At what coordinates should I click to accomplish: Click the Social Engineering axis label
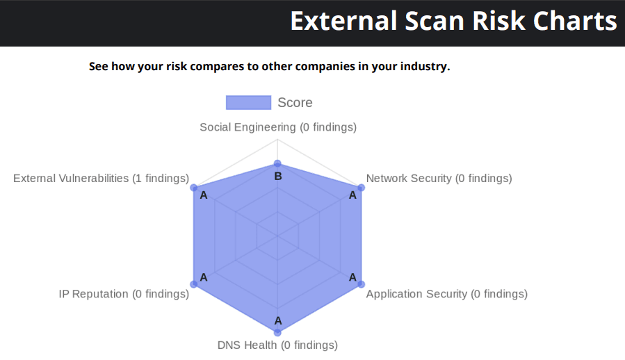click(x=278, y=127)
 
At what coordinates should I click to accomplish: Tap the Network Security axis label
click(x=439, y=178)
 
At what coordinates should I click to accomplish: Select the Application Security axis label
click(x=447, y=294)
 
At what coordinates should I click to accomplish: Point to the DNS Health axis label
click(x=277, y=345)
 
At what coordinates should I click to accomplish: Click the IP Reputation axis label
click(x=124, y=294)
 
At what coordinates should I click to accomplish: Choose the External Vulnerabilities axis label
click(x=102, y=178)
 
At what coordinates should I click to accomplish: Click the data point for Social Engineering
click(x=277, y=164)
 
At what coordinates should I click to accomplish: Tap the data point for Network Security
click(x=361, y=188)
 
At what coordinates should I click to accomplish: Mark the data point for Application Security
click(x=361, y=284)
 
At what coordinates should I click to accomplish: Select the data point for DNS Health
click(x=277, y=332)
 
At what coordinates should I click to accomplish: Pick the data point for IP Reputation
click(x=194, y=284)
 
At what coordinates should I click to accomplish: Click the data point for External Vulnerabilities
click(x=194, y=188)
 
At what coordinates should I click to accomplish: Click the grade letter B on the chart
click(x=278, y=177)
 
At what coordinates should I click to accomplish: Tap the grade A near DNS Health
click(x=278, y=320)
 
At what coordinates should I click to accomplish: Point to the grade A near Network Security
click(x=352, y=195)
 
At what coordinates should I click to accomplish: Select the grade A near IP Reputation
click(x=204, y=277)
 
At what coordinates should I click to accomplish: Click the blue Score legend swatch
click(x=248, y=102)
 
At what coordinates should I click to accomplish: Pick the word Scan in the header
click(x=435, y=21)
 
